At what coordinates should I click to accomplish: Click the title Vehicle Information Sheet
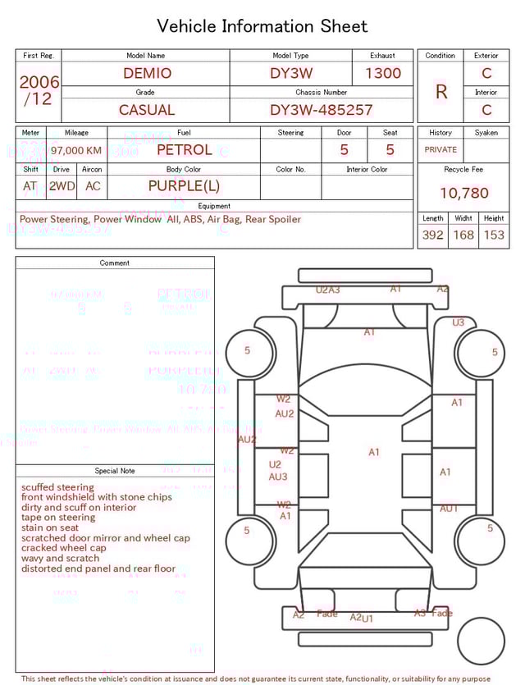coord(262,26)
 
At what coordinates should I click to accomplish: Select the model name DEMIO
coord(147,73)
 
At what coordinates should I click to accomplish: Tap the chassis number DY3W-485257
coord(321,110)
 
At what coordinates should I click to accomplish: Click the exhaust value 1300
coord(383,73)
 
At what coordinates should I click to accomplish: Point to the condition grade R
coord(441,92)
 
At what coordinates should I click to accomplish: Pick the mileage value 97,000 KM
coord(76,151)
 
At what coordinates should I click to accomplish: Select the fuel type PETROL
coord(184,150)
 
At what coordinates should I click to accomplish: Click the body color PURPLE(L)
coord(184,186)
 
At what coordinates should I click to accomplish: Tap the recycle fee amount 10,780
coord(463,194)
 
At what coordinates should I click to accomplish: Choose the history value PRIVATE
coord(441,150)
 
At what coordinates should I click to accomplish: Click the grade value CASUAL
coord(147,110)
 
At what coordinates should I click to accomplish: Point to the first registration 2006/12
coord(39,90)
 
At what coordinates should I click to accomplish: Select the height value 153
coord(494,235)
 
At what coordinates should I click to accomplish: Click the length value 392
coord(432,235)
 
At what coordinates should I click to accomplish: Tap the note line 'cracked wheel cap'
coord(64,548)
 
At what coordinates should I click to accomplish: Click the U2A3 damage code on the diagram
coord(328,290)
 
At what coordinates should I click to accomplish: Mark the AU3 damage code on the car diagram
coord(278,477)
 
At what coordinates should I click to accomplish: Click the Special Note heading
coord(115,471)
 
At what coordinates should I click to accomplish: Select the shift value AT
coord(30,186)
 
